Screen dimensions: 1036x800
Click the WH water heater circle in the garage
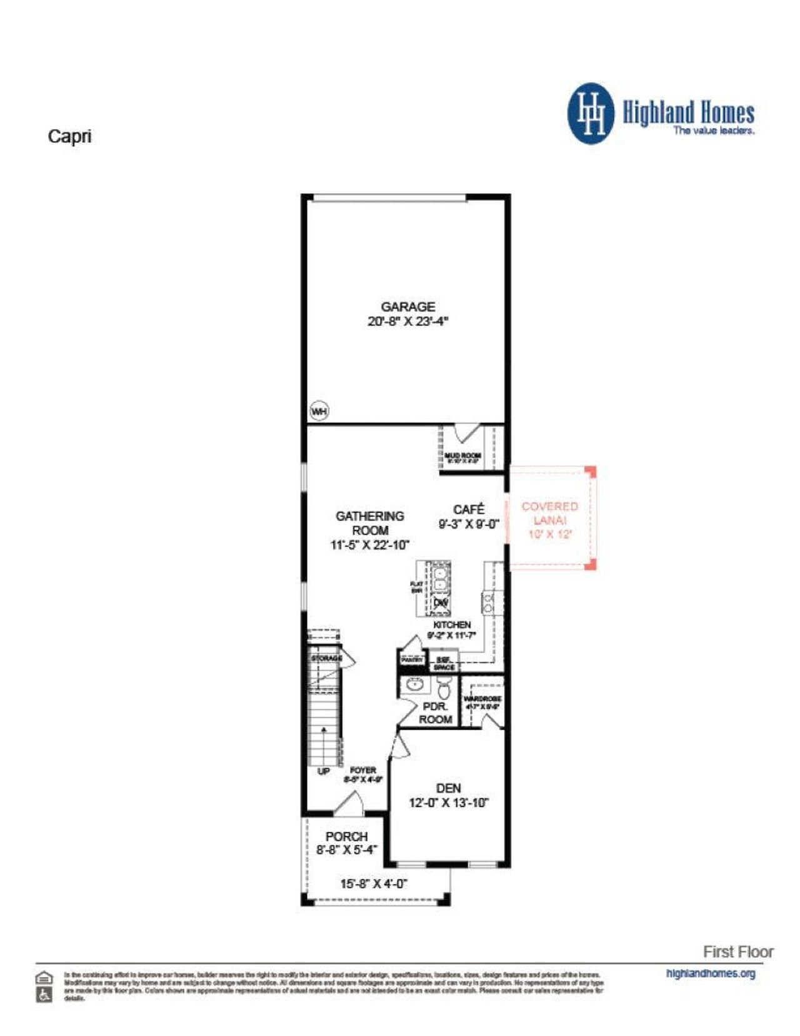(319, 411)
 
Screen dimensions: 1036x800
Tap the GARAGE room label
(408, 307)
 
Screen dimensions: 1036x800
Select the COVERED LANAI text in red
(550, 513)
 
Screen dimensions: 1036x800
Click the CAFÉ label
(469, 509)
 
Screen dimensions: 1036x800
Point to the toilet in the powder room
(444, 689)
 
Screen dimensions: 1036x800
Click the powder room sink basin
(414, 684)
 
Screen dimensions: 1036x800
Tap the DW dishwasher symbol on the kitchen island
(441, 603)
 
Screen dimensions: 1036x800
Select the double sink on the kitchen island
(440, 578)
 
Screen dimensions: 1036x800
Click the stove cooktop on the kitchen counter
(487, 603)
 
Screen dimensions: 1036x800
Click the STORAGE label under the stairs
(326, 659)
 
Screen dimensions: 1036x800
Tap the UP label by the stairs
(323, 771)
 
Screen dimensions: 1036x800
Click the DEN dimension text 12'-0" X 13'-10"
(448, 803)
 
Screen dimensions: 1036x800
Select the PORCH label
(346, 836)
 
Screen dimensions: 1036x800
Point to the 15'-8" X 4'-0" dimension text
(374, 884)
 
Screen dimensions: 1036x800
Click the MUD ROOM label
(462, 455)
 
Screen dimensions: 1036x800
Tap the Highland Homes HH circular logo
(591, 114)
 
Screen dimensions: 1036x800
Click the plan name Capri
(69, 136)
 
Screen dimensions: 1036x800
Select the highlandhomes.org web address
(711, 973)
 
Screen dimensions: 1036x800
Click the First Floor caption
(738, 952)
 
